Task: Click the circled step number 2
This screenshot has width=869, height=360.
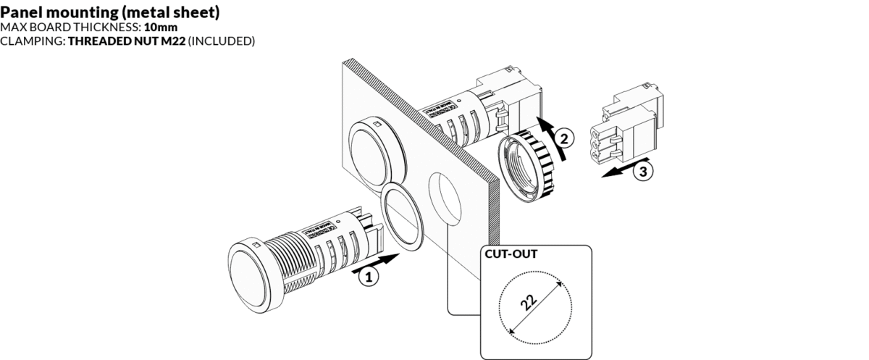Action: point(565,135)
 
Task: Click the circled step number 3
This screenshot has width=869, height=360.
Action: point(641,172)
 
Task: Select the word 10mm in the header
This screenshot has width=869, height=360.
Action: point(161,28)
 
